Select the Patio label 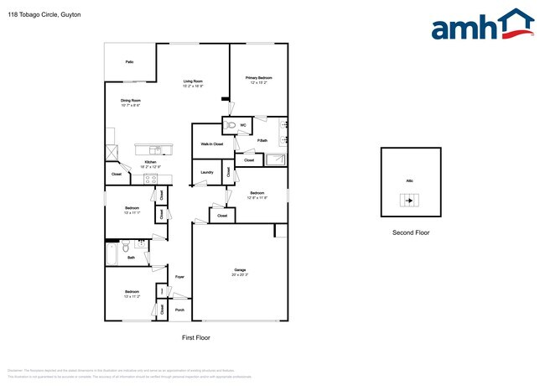129,62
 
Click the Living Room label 194,82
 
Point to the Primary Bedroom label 259,79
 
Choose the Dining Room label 130,102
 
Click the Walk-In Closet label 211,144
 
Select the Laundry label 206,173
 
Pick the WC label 243,126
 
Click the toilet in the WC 229,126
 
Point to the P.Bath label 262,140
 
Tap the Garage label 240,271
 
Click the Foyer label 179,277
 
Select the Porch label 179,310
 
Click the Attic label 410,180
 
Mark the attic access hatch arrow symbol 410,201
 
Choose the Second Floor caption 411,232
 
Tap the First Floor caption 195,337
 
